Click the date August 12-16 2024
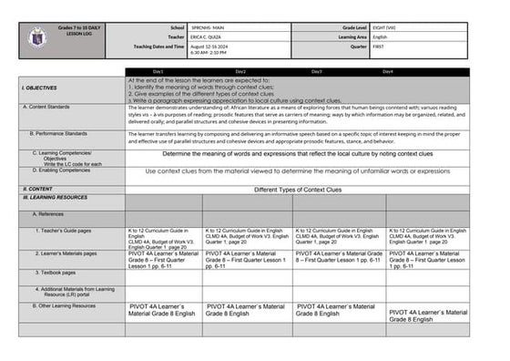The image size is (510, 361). (199, 46)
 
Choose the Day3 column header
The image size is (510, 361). (316, 71)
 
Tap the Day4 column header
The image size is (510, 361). (388, 71)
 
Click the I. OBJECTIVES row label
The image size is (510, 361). (39, 88)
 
